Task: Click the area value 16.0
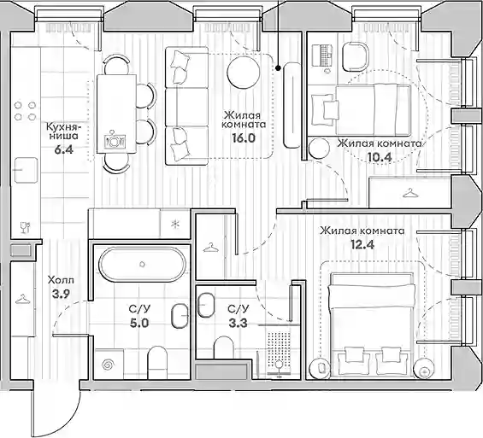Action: tap(244, 138)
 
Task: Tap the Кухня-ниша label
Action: tap(64, 131)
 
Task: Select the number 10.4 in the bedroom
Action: tap(380, 157)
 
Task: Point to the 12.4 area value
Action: tap(362, 245)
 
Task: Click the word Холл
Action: tap(61, 281)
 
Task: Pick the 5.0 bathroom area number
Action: tap(139, 324)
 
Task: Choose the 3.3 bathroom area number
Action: tap(239, 324)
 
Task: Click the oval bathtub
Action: tap(142, 264)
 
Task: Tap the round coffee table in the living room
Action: tap(243, 72)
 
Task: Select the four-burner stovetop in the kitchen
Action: tap(25, 111)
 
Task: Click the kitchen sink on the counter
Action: tap(26, 170)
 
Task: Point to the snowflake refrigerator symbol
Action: tap(175, 225)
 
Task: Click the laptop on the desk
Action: tap(322, 55)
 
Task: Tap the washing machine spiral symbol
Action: tap(108, 365)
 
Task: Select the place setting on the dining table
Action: tap(115, 140)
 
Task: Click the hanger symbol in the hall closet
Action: tap(22, 299)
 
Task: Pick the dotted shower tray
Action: tap(279, 350)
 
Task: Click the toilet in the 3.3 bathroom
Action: tap(224, 347)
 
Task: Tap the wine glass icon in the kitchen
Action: tap(25, 228)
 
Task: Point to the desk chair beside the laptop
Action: tap(356, 56)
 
